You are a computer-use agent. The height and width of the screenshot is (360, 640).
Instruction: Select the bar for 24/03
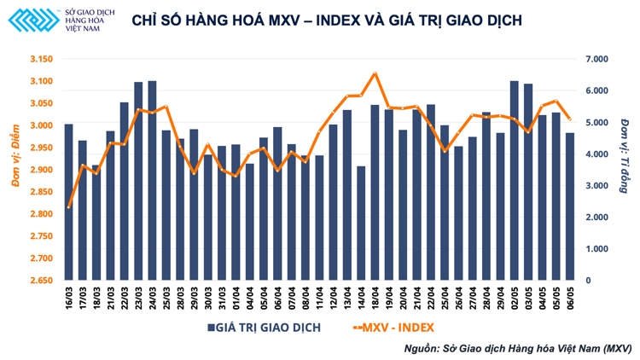coord(152,180)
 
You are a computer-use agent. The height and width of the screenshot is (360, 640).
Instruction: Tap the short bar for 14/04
coord(361,223)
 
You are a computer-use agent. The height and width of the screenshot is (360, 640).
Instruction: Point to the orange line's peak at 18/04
coord(375,74)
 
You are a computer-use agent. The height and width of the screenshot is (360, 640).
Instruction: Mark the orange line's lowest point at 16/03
coord(68,206)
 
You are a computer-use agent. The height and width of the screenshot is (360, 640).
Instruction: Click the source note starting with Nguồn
coord(517,348)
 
